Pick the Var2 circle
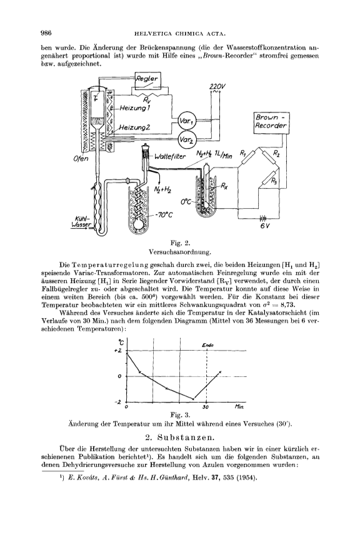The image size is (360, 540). [187, 139]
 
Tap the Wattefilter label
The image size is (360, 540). [170, 157]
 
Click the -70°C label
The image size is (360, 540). [163, 215]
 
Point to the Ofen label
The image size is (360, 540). [81, 159]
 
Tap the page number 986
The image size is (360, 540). [46, 33]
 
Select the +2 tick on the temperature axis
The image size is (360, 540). [118, 350]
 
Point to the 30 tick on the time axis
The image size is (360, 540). [206, 407]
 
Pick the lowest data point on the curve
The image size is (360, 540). [193, 399]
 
